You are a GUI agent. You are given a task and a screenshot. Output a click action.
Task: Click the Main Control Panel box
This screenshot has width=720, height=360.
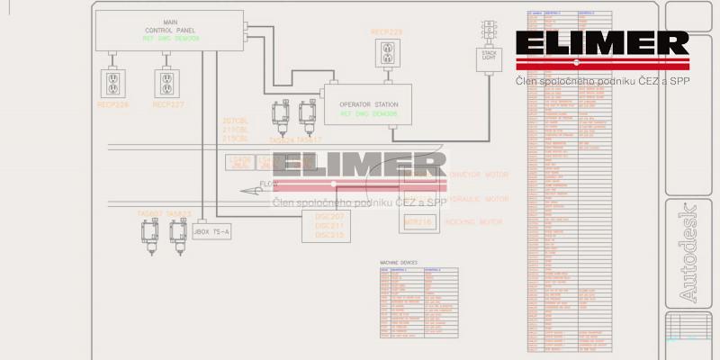169,31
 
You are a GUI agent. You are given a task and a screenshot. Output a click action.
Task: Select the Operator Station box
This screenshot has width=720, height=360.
367,108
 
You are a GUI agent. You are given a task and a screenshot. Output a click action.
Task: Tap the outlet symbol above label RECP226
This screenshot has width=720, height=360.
113,84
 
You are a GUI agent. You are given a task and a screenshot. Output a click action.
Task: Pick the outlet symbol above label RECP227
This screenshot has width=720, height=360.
167,84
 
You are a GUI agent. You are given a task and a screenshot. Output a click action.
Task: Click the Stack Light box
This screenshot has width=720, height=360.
490,59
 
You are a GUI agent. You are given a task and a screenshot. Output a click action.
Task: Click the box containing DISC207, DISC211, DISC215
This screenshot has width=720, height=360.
329,226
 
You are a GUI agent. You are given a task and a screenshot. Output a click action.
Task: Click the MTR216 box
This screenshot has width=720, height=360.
420,220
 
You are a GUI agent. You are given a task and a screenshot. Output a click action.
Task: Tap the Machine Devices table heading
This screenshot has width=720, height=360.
399,263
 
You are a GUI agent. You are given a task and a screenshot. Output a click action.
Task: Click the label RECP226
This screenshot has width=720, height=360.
113,105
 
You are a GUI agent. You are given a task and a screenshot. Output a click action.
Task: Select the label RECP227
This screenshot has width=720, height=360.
167,105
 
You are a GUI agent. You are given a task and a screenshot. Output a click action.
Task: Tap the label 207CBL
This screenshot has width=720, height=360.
235,121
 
